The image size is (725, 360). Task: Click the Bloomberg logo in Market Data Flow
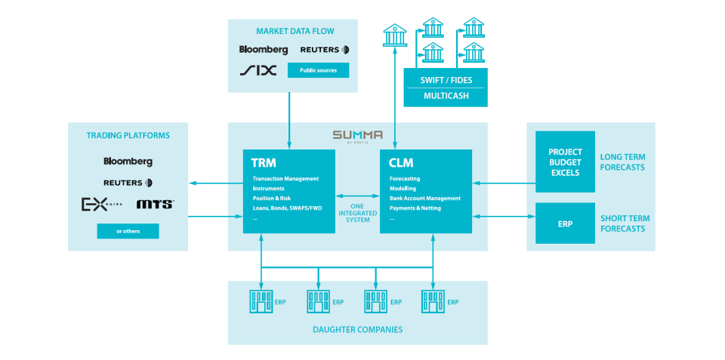click(264, 50)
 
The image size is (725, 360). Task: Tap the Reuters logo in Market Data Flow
click(325, 50)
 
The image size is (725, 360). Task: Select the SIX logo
click(258, 70)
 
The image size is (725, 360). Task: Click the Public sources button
click(319, 70)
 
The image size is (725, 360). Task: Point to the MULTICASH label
click(445, 97)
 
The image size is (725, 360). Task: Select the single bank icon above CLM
click(394, 35)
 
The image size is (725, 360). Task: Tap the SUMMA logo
click(357, 135)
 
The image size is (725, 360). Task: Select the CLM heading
click(401, 162)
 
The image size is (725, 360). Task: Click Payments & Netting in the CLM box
click(415, 208)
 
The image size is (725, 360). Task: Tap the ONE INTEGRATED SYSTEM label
click(357, 212)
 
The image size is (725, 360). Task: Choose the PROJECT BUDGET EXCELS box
click(565, 162)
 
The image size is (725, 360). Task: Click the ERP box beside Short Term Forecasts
click(565, 223)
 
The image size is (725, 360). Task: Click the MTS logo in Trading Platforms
click(156, 205)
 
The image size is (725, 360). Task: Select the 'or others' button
click(128, 231)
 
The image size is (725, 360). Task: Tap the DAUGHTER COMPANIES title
click(357, 329)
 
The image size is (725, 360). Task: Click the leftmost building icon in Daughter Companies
click(261, 301)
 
